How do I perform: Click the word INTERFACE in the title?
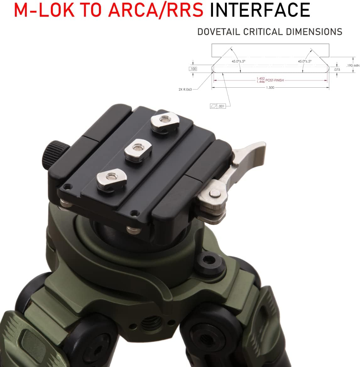260,10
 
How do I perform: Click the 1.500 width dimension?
270,88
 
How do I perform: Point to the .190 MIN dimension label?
353,66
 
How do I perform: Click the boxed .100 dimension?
193,69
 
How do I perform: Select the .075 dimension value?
337,69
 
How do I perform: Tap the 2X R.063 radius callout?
185,90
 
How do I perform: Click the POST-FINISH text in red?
275,80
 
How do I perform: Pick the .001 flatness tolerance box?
218,106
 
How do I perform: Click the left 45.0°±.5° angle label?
238,62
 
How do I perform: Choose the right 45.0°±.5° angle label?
304,62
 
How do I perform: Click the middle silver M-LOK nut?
136,149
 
